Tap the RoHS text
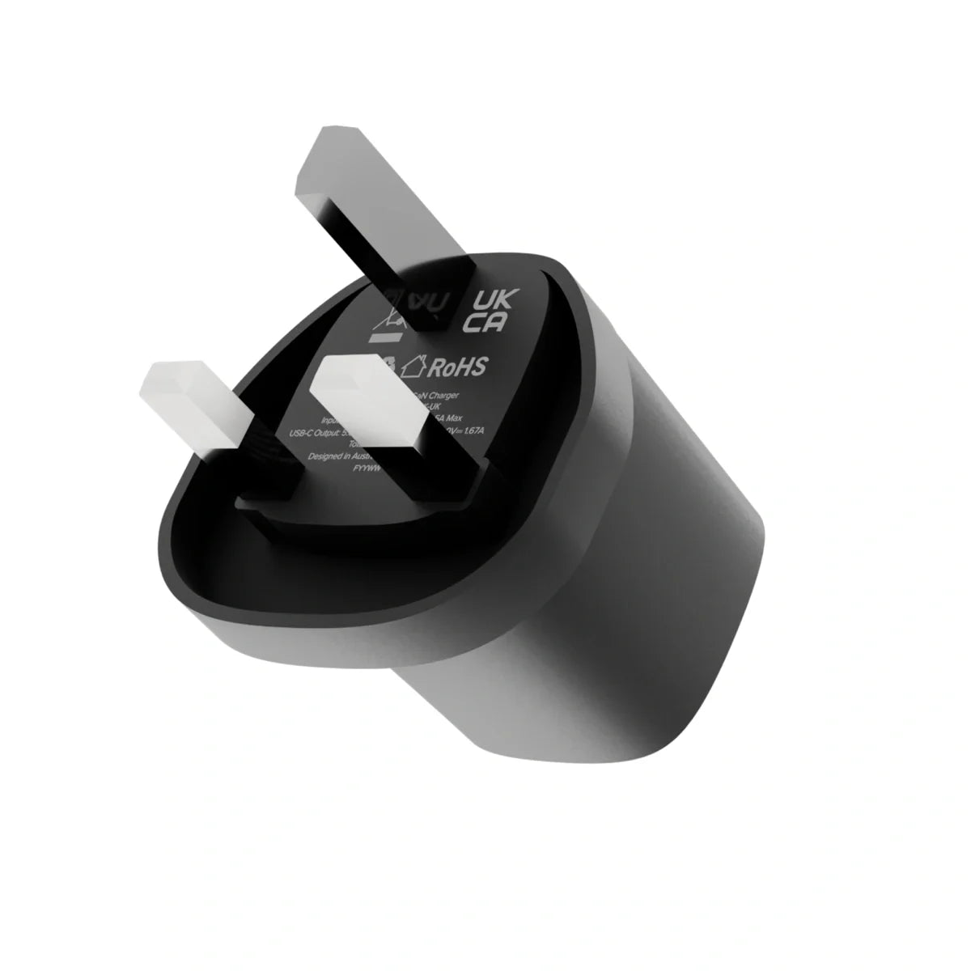click(x=456, y=368)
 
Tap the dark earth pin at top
click(x=356, y=218)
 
